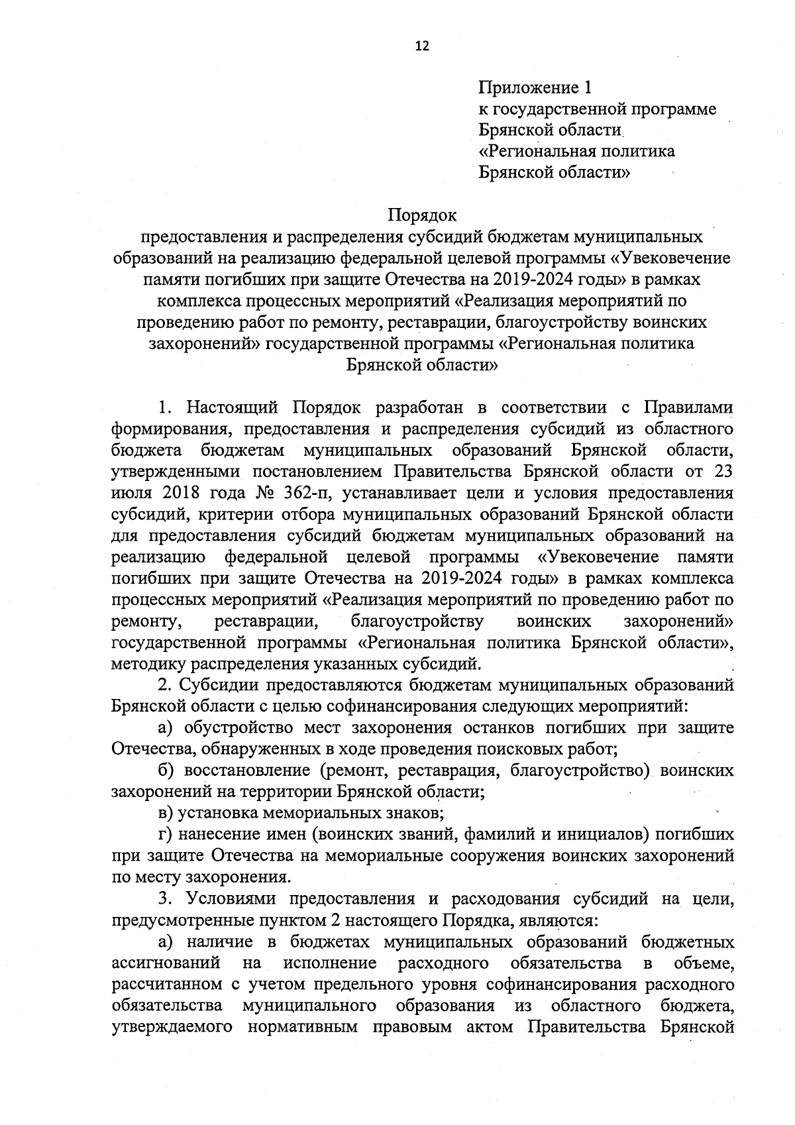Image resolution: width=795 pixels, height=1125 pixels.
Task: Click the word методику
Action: click(148, 663)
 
